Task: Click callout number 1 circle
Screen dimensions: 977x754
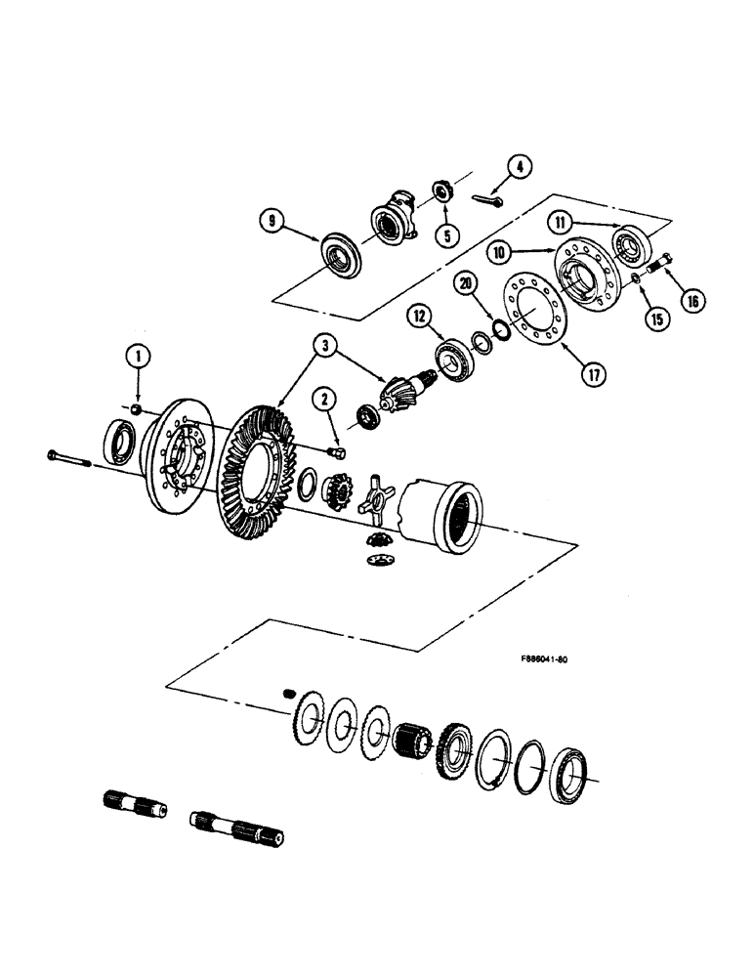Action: point(140,359)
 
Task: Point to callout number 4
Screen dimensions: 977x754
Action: point(519,167)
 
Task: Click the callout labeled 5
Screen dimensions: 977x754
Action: point(447,235)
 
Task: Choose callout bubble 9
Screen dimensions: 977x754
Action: point(273,223)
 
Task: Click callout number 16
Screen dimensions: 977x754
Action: point(691,301)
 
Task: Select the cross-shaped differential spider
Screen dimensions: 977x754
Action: point(375,494)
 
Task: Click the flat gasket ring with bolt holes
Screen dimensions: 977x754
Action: point(532,320)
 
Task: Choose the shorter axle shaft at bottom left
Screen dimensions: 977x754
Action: point(134,807)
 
